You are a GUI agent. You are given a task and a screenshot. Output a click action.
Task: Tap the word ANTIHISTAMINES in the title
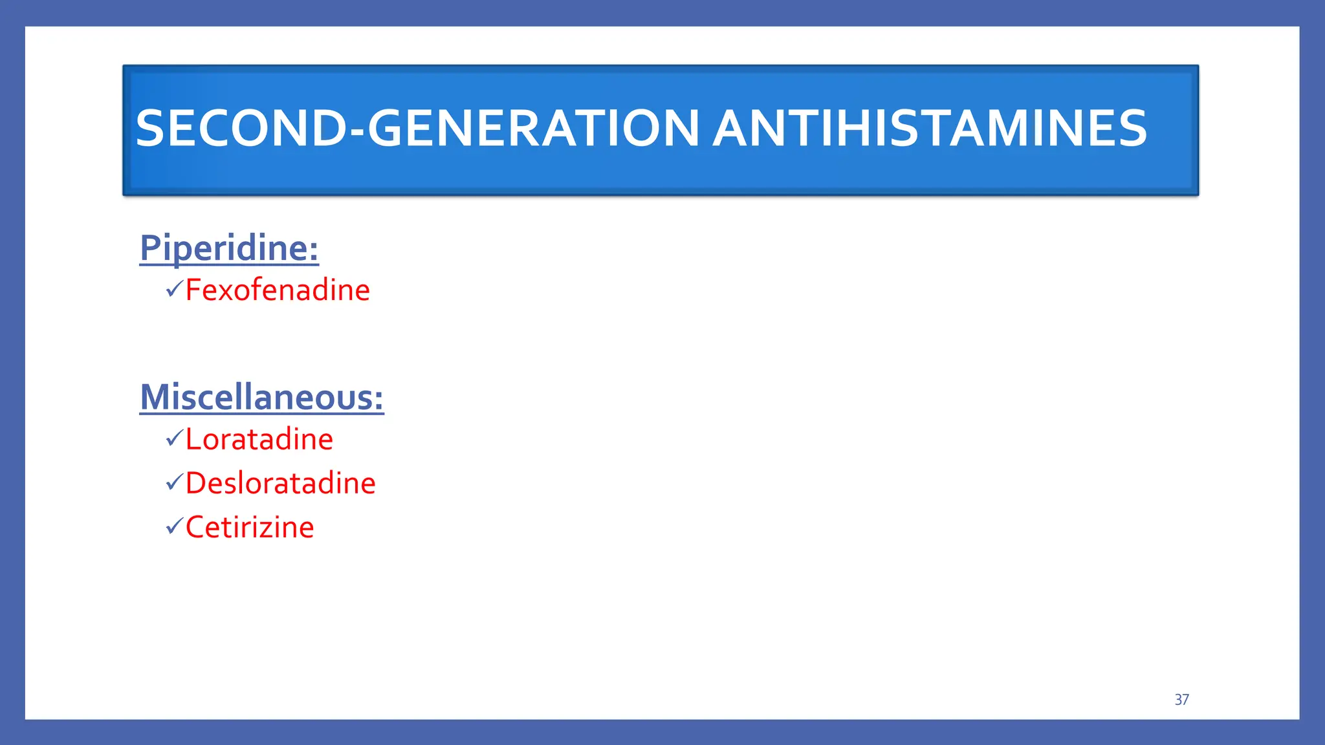930,128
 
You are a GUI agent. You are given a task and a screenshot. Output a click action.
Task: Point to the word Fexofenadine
278,290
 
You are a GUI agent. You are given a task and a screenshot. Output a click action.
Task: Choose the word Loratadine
259,440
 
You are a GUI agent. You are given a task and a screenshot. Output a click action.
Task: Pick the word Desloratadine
280,484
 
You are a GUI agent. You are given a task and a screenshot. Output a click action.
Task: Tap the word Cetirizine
250,528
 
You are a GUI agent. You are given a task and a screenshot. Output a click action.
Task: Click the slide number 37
1181,700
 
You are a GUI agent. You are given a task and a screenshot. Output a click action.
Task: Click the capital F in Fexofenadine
193,290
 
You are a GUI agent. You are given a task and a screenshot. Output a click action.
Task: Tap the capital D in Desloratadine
196,484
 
